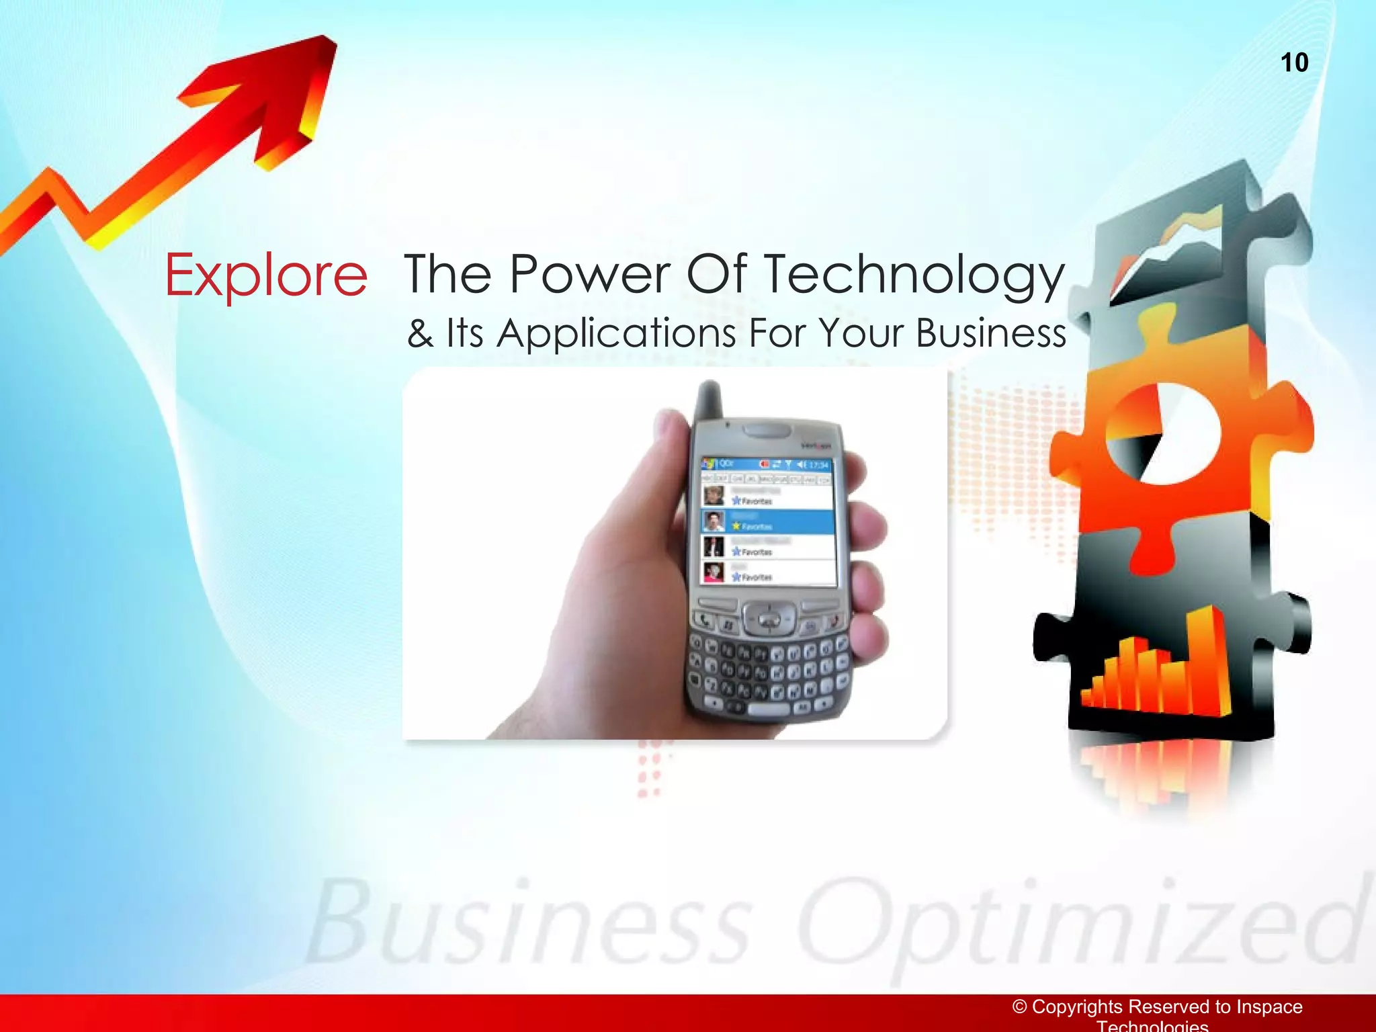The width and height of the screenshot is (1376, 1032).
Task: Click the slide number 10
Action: pyautogui.click(x=1294, y=62)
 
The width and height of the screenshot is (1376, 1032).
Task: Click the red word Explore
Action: pyautogui.click(x=266, y=275)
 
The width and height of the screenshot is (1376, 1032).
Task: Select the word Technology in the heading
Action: pyautogui.click(x=915, y=275)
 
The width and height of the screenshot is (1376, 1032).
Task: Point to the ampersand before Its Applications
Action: pyautogui.click(x=420, y=333)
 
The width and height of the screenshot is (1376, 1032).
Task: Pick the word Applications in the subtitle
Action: pyautogui.click(x=616, y=334)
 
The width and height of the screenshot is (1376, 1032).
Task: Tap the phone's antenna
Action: pyautogui.click(x=709, y=400)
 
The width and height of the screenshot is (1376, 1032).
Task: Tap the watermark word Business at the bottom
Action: pyautogui.click(x=531, y=924)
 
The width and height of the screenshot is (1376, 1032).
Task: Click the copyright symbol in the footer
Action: pyautogui.click(x=1020, y=1006)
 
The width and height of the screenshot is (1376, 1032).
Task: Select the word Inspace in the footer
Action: pyautogui.click(x=1269, y=1006)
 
